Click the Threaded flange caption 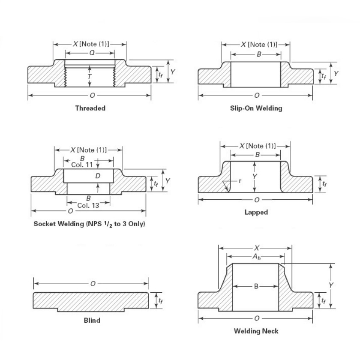coord(90,108)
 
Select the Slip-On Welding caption coord(256,108)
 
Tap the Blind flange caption coord(92,320)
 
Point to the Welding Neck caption coord(256,331)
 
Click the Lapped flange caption coord(256,212)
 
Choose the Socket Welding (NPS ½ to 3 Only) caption coord(89,224)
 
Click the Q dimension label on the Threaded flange coord(92,53)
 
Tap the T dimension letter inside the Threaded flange coord(90,76)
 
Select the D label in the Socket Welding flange coord(98,176)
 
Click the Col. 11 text coord(82,165)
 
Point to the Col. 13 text coord(88,205)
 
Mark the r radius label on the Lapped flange coord(240,181)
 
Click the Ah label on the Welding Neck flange coord(257,257)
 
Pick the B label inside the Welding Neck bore coord(256,286)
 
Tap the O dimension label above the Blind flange coord(93,284)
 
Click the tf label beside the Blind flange coord(160,300)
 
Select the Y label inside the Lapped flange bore coord(255,177)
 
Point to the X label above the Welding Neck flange coord(257,248)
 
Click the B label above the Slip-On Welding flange coord(259,54)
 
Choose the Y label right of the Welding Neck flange coord(331,285)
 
